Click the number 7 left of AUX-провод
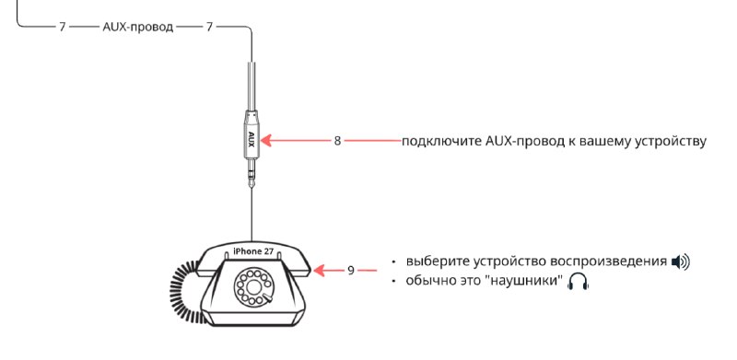pyautogui.click(x=62, y=27)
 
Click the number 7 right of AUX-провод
pyautogui.click(x=209, y=27)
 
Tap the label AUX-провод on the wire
pyautogui.click(x=137, y=27)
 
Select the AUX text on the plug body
pyautogui.click(x=251, y=140)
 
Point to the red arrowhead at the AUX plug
pyautogui.click(x=266, y=140)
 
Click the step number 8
pyautogui.click(x=337, y=141)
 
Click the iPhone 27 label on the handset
pyautogui.click(x=253, y=251)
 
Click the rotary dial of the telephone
pyautogui.click(x=253, y=286)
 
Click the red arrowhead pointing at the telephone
pyautogui.click(x=319, y=271)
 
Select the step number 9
pyautogui.click(x=351, y=271)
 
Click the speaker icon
pyautogui.click(x=681, y=261)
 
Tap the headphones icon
pyautogui.click(x=579, y=282)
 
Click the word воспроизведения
pyautogui.click(x=609, y=261)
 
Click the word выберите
pyautogui.click(x=439, y=261)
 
